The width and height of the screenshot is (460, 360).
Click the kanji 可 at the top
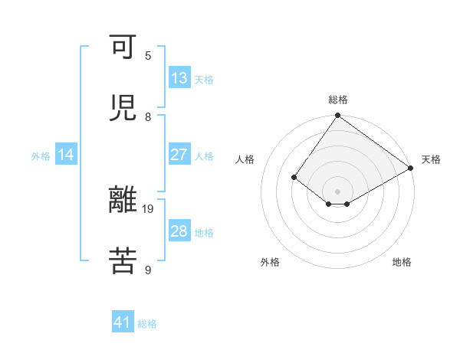tap(123, 49)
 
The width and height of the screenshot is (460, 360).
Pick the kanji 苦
tap(123, 260)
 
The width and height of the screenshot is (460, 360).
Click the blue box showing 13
tap(179, 78)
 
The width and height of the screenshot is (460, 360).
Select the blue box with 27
tap(179, 155)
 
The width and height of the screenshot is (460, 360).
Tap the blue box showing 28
tap(179, 231)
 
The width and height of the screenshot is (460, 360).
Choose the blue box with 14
tap(66, 155)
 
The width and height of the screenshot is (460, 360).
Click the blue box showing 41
tap(123, 322)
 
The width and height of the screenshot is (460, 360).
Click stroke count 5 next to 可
tap(148, 55)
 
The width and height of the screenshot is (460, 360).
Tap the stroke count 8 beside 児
tap(148, 116)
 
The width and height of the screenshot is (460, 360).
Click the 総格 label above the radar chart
tap(337, 100)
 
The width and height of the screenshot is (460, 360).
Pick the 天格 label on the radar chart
tap(431, 159)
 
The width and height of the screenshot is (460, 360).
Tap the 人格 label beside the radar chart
tap(245, 159)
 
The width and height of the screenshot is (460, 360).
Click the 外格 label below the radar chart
tap(270, 262)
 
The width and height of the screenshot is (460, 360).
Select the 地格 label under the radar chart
tap(402, 262)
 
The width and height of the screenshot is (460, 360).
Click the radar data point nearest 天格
tap(411, 168)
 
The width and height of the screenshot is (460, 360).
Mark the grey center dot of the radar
tap(337, 191)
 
